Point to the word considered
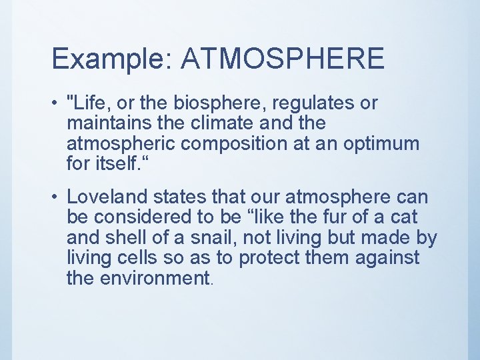(x=143, y=217)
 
